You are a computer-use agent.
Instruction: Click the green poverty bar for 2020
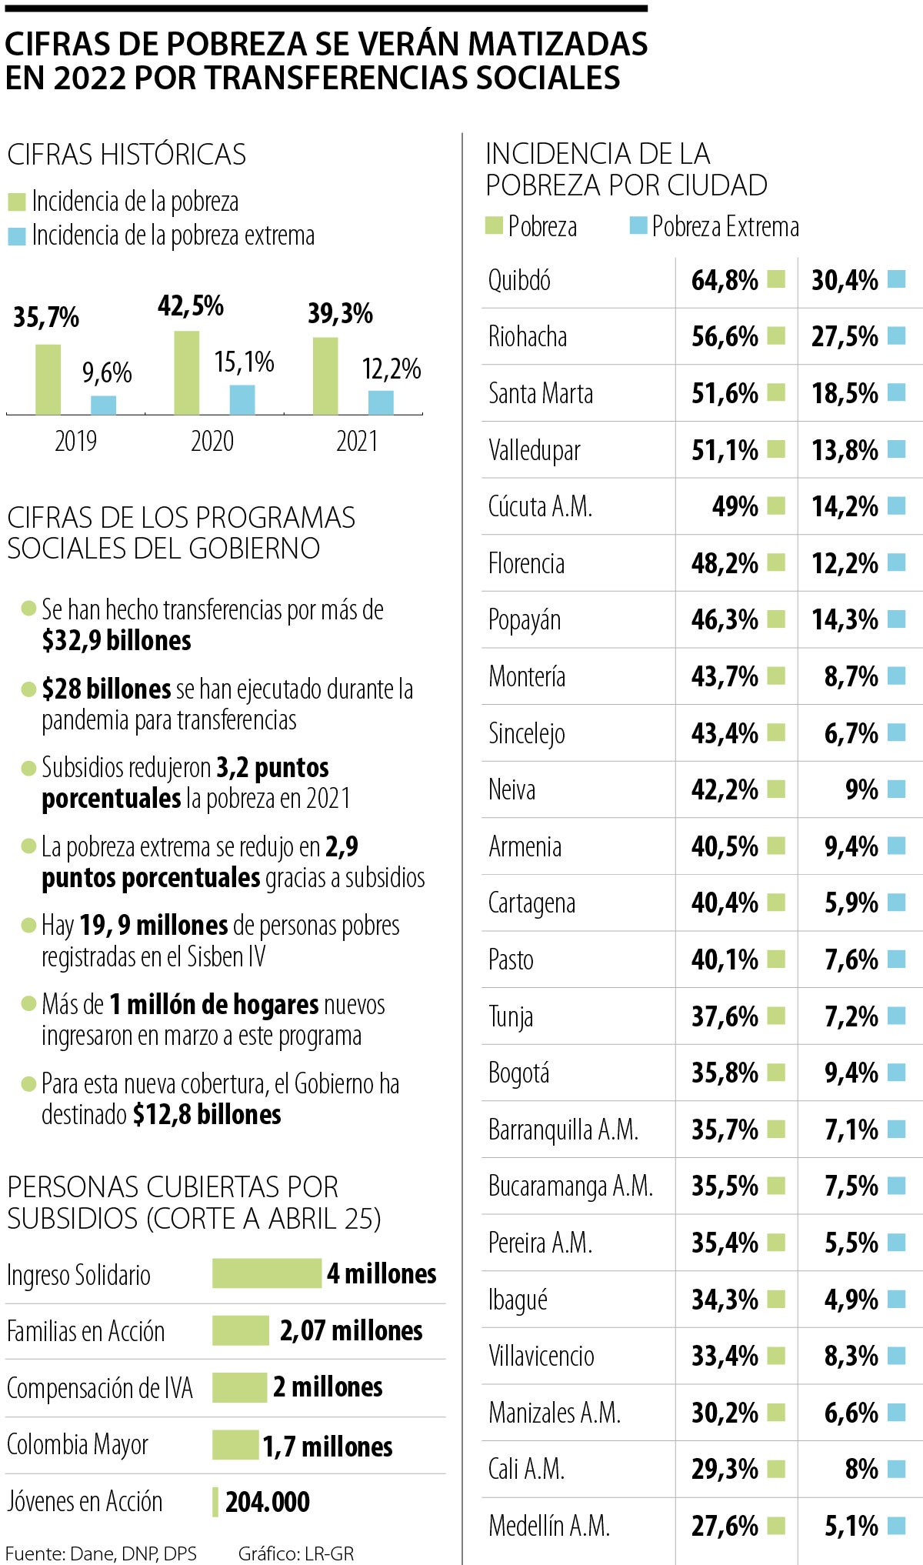[x=187, y=373]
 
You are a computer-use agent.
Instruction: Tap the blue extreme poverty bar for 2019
[x=104, y=405]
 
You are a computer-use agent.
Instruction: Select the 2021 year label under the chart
[x=357, y=442]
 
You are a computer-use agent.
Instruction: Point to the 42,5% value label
[x=191, y=306]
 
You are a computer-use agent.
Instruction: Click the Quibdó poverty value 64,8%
[x=725, y=280]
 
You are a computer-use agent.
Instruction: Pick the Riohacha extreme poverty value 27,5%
[x=845, y=336]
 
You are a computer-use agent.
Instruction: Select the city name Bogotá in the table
[x=519, y=1073]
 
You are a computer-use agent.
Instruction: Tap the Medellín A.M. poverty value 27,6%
[x=725, y=1526]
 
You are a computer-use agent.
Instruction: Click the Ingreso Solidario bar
[x=267, y=1273]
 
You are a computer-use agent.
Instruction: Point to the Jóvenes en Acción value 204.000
[x=268, y=1501]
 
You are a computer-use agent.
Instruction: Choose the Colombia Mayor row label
[x=78, y=1445]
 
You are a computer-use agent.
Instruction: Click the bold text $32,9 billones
[x=117, y=641]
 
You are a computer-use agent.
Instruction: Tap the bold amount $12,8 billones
[x=207, y=1114]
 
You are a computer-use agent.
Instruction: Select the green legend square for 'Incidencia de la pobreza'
[x=17, y=202]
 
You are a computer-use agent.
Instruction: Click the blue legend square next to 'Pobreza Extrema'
[x=638, y=226]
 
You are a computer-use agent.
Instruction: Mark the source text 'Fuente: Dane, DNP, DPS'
[x=102, y=1553]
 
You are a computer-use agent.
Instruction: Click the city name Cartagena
[x=531, y=903]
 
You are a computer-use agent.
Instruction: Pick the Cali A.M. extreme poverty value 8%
[x=861, y=1469]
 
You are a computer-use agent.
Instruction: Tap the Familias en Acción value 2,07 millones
[x=351, y=1330]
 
